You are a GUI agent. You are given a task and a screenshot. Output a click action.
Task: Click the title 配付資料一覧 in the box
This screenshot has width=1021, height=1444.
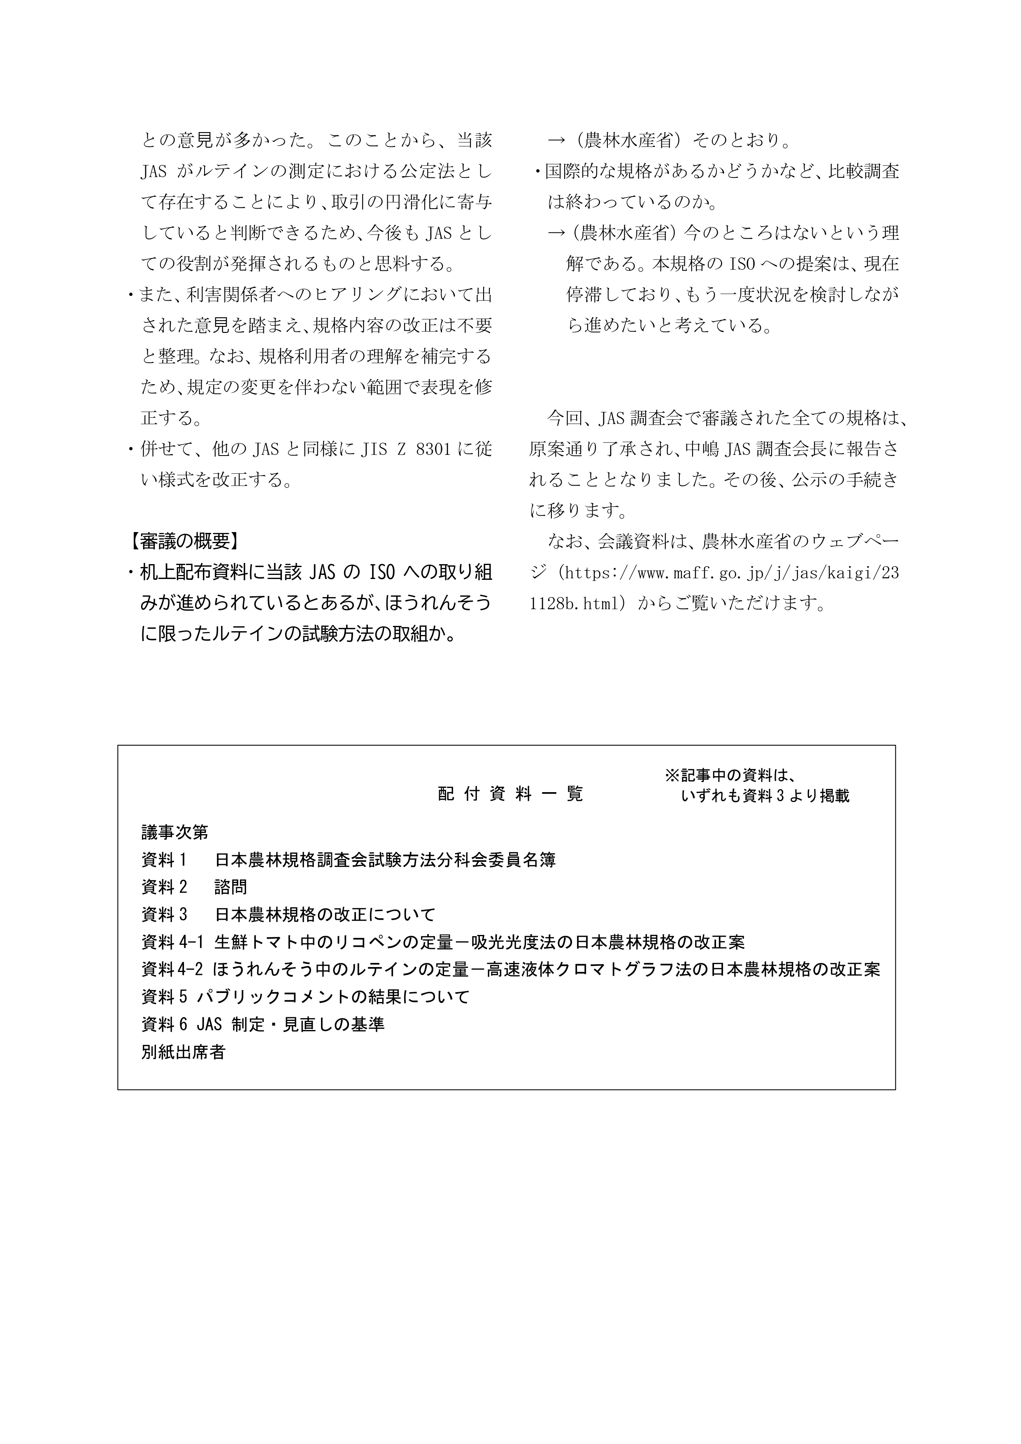(x=510, y=794)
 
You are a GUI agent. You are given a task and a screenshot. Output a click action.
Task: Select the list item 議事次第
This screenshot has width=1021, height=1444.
(x=174, y=832)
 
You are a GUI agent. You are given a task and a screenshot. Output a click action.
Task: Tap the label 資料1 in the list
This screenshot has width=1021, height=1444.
(x=164, y=860)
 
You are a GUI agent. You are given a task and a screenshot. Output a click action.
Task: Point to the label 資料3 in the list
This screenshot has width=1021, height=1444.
(x=164, y=914)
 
